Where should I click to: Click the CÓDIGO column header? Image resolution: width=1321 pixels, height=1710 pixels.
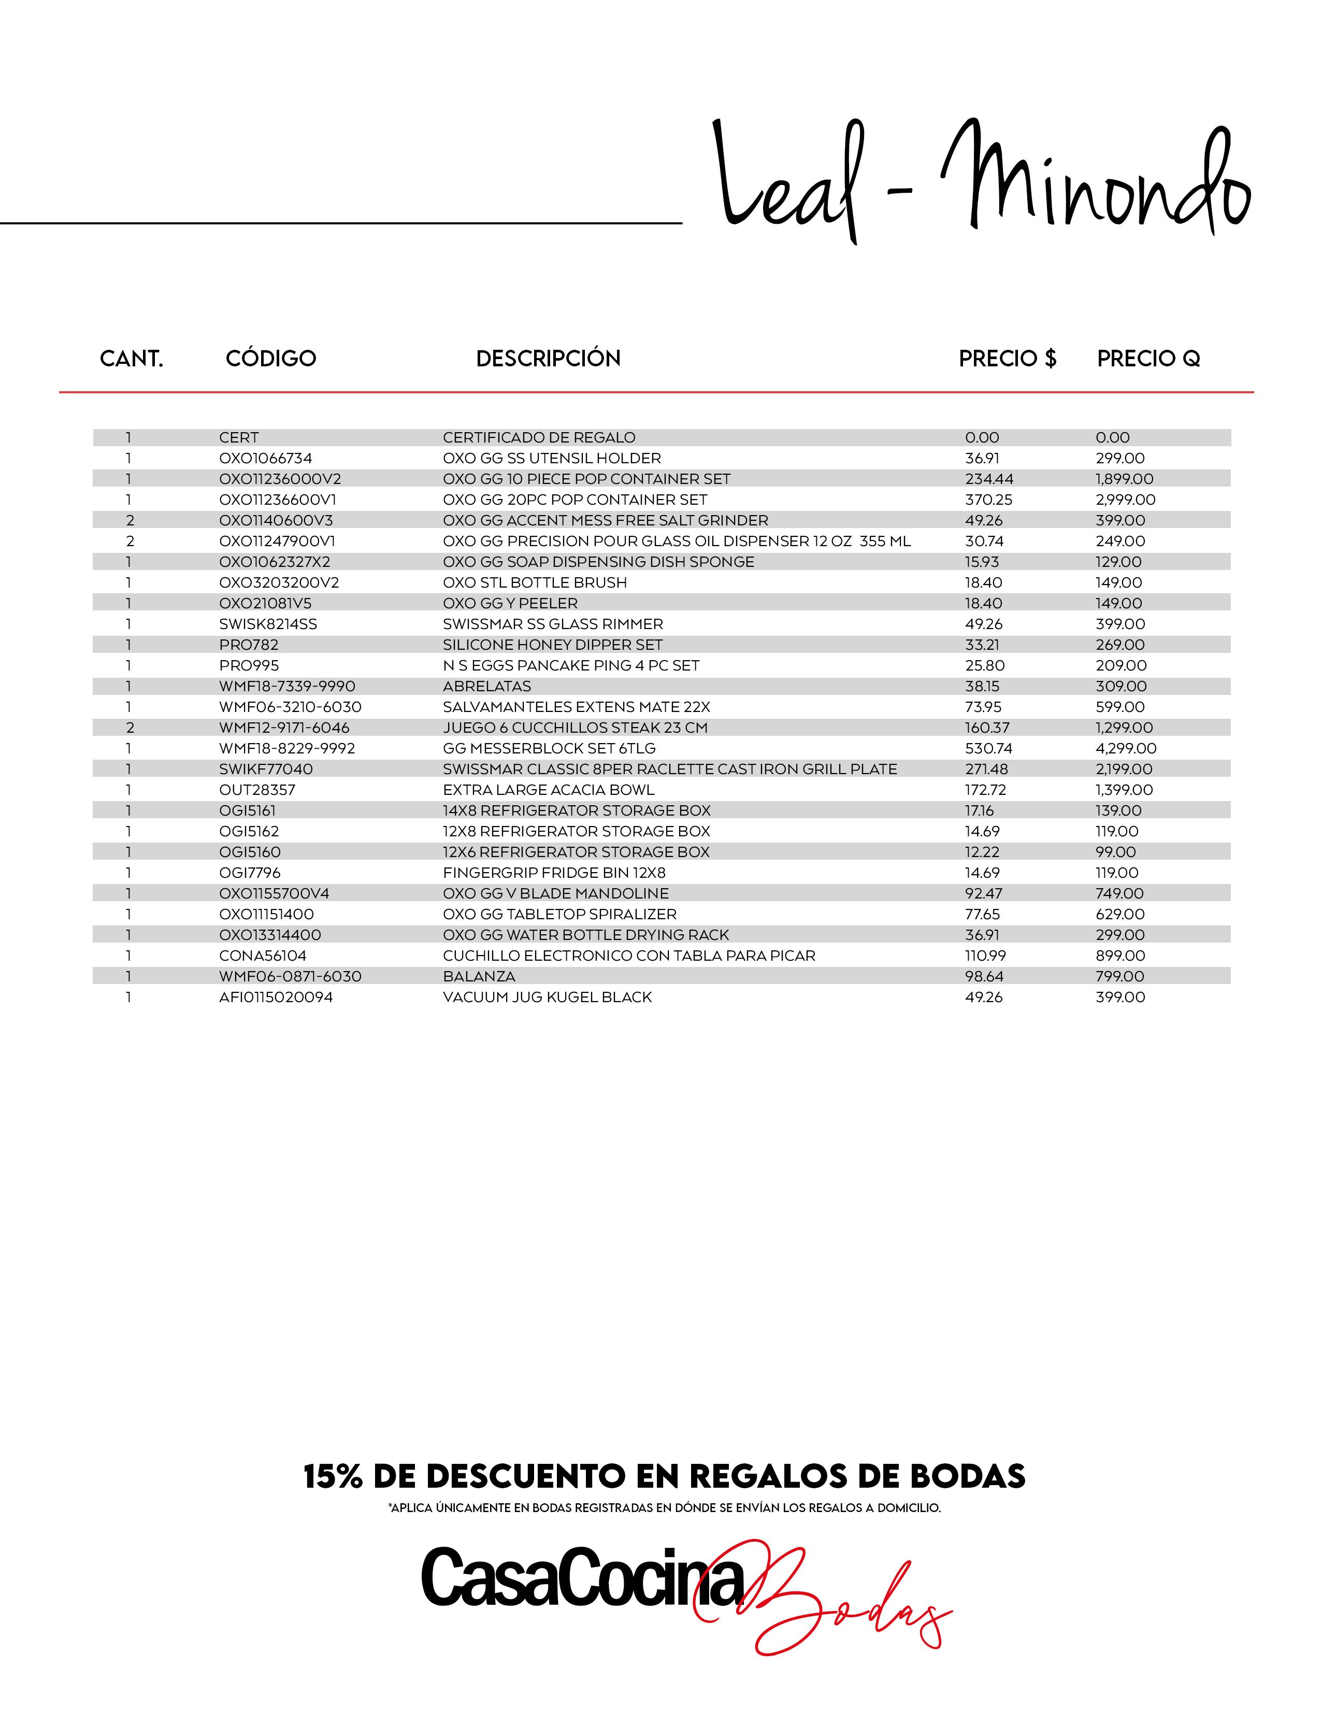(271, 359)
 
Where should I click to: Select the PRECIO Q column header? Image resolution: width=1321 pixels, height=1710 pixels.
(1148, 359)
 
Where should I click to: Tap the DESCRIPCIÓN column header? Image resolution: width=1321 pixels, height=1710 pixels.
(548, 359)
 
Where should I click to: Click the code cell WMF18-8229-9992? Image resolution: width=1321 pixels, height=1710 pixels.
(287, 749)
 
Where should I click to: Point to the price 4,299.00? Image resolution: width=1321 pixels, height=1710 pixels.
(1125, 749)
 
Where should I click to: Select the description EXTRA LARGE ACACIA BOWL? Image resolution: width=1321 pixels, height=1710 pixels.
(548, 790)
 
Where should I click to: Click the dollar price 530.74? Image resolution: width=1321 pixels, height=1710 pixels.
(988, 749)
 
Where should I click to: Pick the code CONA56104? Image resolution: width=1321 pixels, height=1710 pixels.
(263, 956)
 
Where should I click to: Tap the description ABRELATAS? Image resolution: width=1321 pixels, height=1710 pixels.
(487, 687)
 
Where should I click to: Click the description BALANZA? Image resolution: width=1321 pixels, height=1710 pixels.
(479, 976)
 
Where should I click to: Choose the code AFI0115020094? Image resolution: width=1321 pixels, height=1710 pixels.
(276, 997)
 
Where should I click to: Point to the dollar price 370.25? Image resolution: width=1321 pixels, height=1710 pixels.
(988, 500)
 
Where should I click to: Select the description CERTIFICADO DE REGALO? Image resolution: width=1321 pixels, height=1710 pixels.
(539, 438)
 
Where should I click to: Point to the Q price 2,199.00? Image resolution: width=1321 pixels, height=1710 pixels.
(1124, 769)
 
